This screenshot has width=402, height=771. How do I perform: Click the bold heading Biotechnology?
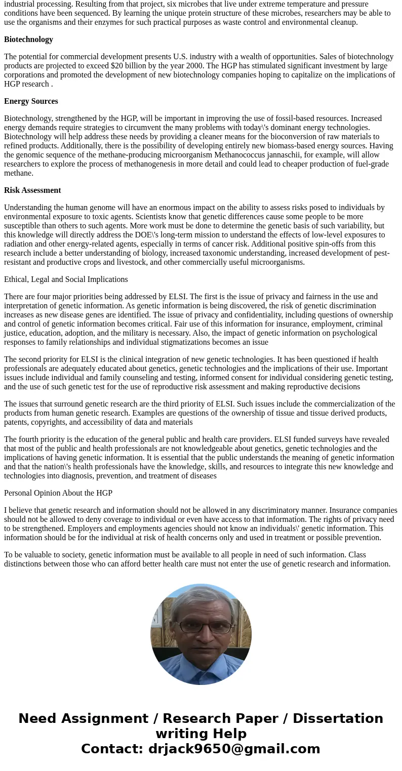(28, 39)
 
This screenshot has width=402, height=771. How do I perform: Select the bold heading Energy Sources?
(31, 101)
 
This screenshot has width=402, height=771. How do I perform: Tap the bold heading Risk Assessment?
(32, 190)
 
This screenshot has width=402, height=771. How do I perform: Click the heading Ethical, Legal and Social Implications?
(66, 279)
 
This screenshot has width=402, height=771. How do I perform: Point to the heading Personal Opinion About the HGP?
(58, 493)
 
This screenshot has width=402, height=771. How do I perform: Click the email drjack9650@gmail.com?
(234, 749)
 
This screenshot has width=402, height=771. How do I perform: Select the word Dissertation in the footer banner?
(338, 718)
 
